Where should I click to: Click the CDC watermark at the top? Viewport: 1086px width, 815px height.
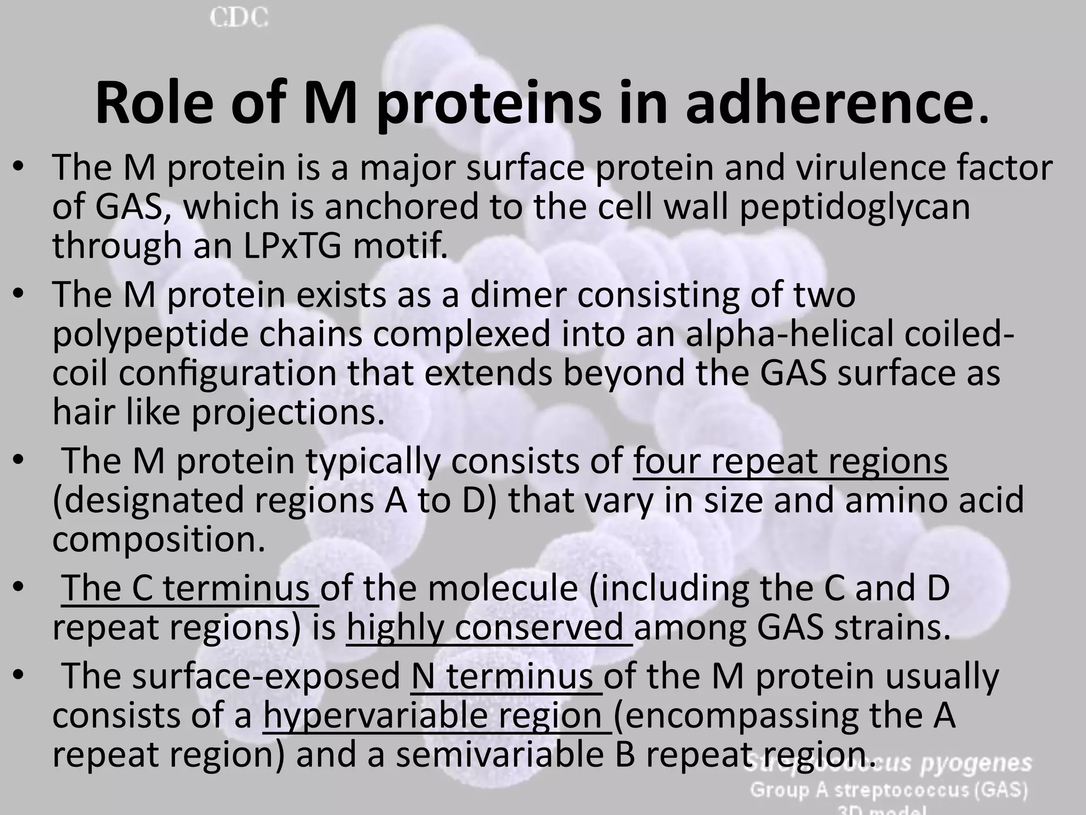239,18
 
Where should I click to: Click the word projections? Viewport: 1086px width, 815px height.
287,412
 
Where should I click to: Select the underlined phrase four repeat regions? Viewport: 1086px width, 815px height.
790,461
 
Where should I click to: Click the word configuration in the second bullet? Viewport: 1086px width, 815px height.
228,373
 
